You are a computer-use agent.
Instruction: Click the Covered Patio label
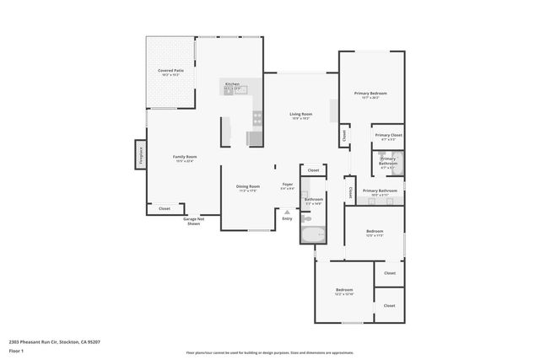click(171, 71)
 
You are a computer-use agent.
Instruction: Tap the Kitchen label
click(232, 84)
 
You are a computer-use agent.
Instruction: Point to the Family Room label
click(185, 158)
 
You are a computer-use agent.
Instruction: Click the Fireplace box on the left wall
click(139, 156)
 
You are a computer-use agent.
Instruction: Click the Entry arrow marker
click(288, 214)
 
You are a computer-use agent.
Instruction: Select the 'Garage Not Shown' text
click(193, 221)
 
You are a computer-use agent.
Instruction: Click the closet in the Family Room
click(165, 208)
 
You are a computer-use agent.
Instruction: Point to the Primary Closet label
click(388, 135)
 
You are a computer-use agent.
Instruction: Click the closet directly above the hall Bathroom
click(313, 170)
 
